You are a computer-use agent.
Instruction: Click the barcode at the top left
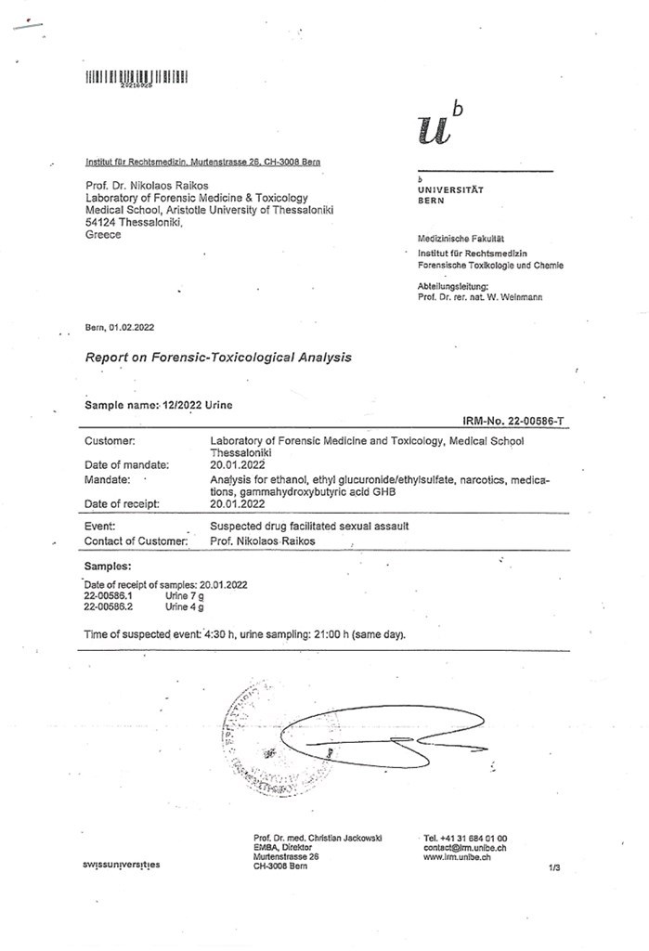coord(136,75)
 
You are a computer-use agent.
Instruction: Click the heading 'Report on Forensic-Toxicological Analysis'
coord(218,357)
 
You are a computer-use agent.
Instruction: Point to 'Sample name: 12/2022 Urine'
coord(160,406)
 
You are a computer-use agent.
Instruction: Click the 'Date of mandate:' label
coord(126,463)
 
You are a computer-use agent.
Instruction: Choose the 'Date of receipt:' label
coord(123,503)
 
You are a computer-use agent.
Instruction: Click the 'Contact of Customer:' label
coord(136,541)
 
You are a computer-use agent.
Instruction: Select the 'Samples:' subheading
coord(108,566)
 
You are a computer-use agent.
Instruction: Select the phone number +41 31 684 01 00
coord(465,838)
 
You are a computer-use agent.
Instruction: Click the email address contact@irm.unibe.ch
coord(464,847)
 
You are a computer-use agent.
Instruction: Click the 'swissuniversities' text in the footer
coord(121,865)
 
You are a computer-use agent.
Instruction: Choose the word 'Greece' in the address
coord(103,234)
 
